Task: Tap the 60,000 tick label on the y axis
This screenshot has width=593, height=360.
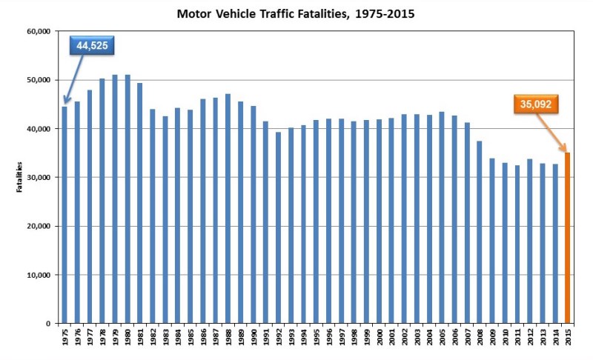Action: tap(38, 31)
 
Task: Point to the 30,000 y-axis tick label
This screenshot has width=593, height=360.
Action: tap(38, 178)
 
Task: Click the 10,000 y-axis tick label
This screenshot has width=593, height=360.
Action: tap(38, 275)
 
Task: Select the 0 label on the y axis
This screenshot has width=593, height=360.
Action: tap(47, 324)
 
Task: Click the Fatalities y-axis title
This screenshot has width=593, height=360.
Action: tap(20, 178)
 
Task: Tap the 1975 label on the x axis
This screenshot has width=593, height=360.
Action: tap(64, 340)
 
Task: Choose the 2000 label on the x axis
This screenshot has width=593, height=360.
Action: tap(380, 340)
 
